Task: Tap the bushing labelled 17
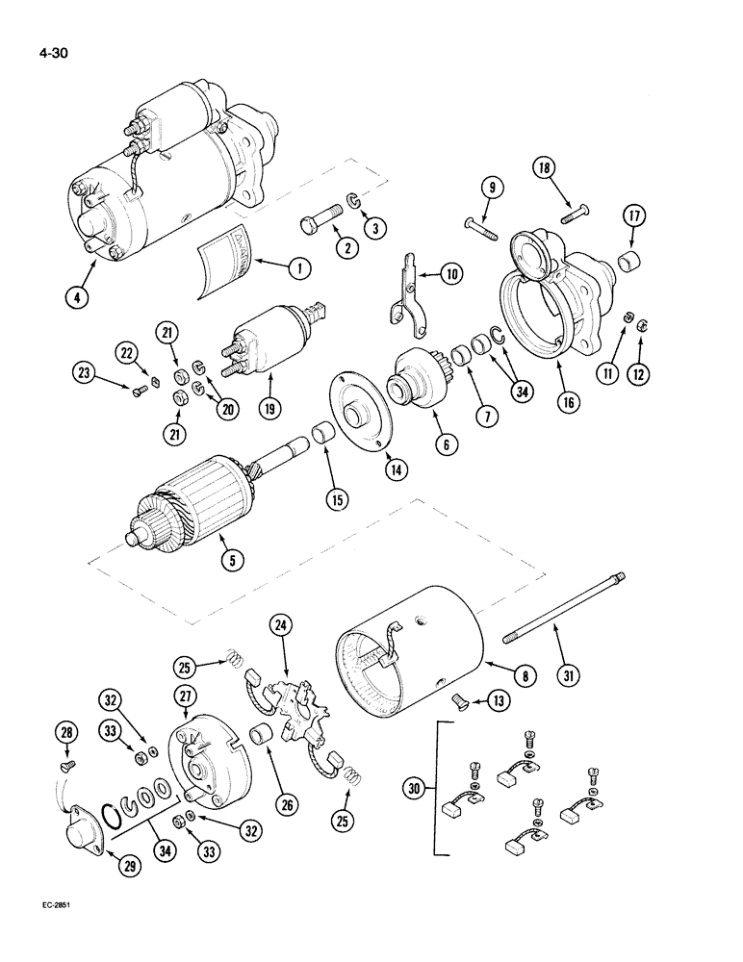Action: pos(628,259)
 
